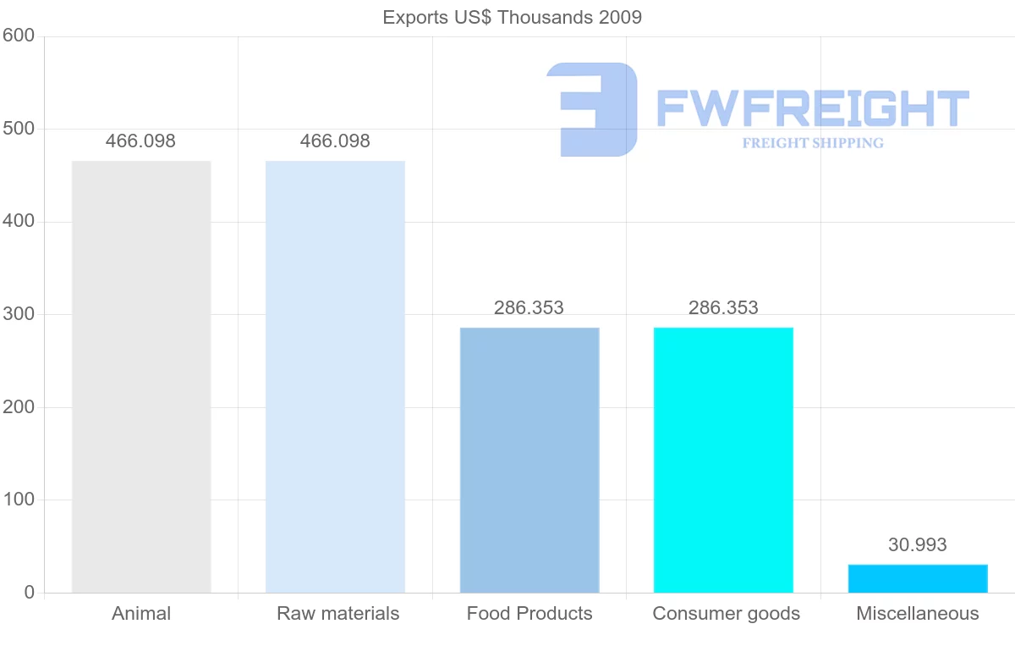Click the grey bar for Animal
pos(141,377)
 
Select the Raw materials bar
pos(335,377)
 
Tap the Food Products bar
pos(529,460)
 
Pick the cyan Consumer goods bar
pos(723,460)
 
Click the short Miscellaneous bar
pos(918,578)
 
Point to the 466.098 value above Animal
pos(140,141)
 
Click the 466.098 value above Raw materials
pos(335,141)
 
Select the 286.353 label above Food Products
pos(529,307)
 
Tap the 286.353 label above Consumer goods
pos(723,307)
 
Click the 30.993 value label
pos(918,545)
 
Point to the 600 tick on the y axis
pos(18,36)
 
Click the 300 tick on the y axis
pos(18,314)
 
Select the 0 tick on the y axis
pos(30,593)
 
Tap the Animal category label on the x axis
pos(141,614)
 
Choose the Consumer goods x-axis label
pos(726,614)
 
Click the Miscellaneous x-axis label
pos(918,614)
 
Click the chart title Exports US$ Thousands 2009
pos(513,17)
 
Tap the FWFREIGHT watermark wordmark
pos(812,108)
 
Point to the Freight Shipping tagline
pos(813,143)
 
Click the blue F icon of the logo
pos(592,109)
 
